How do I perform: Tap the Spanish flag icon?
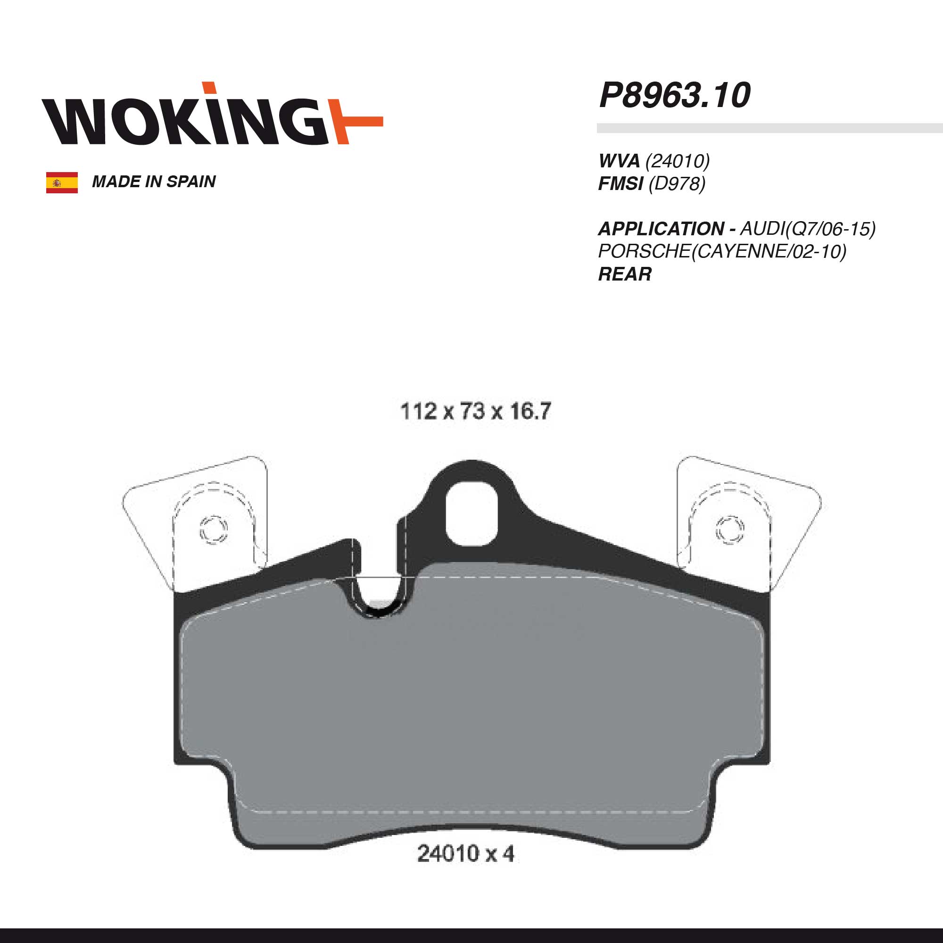(x=62, y=182)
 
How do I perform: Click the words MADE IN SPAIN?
(x=154, y=182)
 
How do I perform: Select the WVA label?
(x=619, y=161)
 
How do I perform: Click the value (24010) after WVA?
(x=678, y=161)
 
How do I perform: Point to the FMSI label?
(x=620, y=183)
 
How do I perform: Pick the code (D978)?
(x=677, y=183)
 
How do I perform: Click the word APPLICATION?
(x=662, y=228)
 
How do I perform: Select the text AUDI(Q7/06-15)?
(x=808, y=228)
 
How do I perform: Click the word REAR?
(x=625, y=274)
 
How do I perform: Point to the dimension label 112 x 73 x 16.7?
(x=475, y=412)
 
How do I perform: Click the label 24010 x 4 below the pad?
(x=466, y=854)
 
